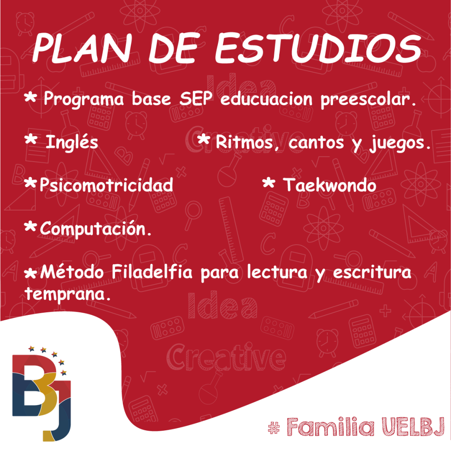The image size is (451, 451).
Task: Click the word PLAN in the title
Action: (x=82, y=48)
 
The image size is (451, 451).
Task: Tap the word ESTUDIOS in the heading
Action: (x=318, y=48)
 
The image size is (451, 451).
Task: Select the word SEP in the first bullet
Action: (x=196, y=98)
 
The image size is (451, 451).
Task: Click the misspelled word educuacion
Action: (x=266, y=99)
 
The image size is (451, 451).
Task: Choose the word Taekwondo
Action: (x=329, y=185)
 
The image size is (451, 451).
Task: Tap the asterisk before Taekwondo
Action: (x=269, y=183)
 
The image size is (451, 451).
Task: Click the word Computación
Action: (x=96, y=229)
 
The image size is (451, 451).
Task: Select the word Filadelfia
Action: (x=152, y=271)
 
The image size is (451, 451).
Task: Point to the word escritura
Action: (x=372, y=272)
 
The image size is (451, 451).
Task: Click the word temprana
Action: (x=68, y=294)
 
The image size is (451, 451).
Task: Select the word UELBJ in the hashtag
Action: (x=414, y=427)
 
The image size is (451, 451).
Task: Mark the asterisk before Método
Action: (x=30, y=273)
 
